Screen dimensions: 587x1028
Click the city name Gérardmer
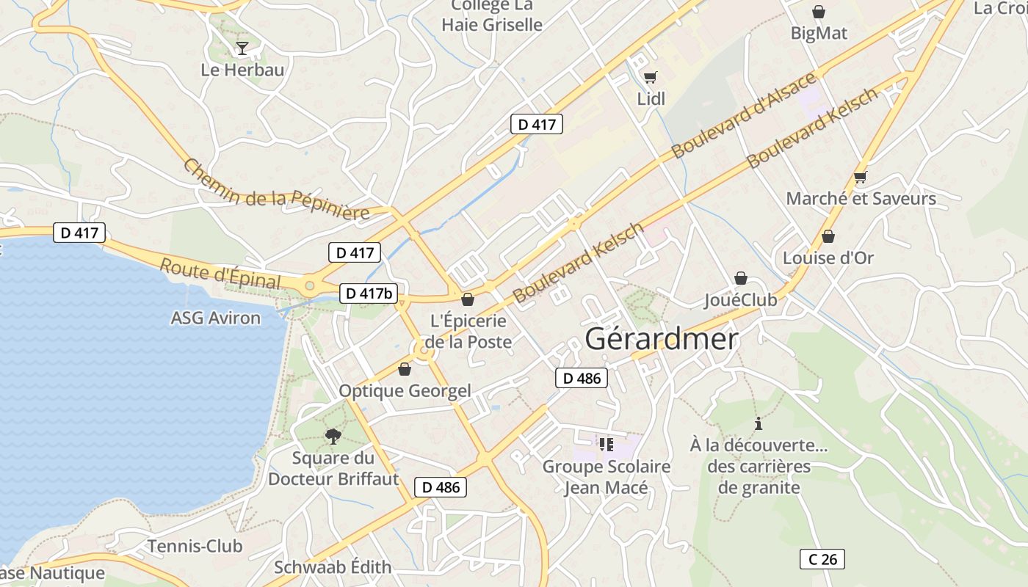pos(662,339)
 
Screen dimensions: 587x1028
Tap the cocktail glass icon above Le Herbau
pos(242,48)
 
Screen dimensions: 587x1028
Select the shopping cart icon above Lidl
pos(650,77)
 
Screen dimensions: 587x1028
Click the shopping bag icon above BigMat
pos(819,12)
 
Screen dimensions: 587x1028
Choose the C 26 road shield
pos(822,559)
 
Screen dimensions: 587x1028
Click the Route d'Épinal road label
pos(220,273)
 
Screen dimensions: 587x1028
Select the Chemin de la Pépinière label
pos(276,189)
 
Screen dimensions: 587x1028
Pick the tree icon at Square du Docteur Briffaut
pos(333,437)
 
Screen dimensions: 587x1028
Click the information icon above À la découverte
pos(759,424)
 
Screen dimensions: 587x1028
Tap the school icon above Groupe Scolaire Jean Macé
pos(606,444)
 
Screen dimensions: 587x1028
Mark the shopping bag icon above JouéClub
pos(741,278)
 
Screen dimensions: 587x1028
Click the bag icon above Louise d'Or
pos(828,236)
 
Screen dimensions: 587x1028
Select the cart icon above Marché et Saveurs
pos(861,177)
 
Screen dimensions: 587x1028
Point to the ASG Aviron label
pos(215,318)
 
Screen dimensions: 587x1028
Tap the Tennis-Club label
pos(195,546)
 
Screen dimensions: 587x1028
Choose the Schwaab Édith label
pos(333,567)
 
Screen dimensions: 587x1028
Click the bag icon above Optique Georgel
pos(404,369)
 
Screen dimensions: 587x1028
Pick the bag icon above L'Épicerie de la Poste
pos(468,299)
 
